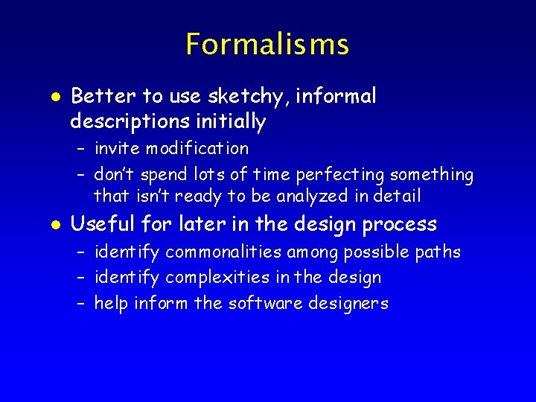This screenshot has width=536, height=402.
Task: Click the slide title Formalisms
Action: click(x=267, y=45)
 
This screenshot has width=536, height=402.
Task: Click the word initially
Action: click(x=231, y=121)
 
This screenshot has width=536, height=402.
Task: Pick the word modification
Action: click(x=197, y=148)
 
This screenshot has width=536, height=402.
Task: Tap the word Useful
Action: click(x=100, y=224)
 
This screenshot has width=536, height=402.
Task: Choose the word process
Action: click(x=406, y=225)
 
